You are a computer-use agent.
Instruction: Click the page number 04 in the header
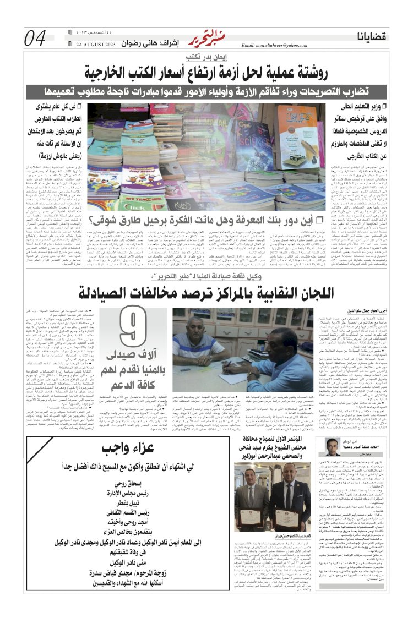(35, 38)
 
